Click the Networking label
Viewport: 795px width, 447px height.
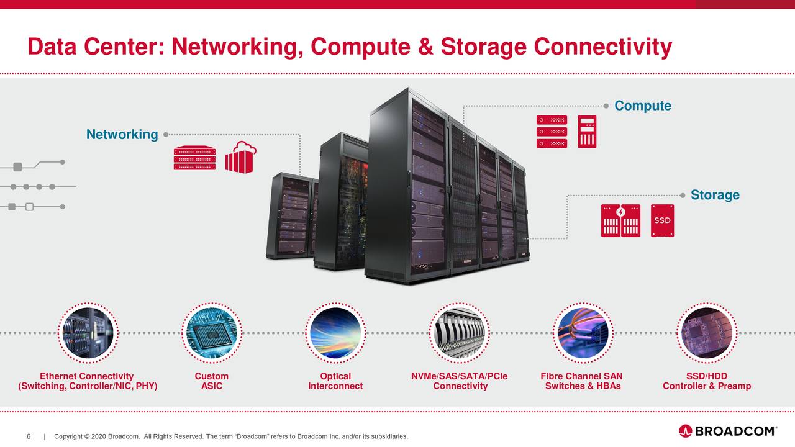[x=122, y=135]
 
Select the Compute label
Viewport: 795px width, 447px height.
[x=642, y=106]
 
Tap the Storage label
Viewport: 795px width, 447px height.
[x=714, y=195]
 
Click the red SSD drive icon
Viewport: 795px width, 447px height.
[x=662, y=220]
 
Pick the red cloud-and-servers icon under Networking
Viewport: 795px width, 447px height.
[x=240, y=158]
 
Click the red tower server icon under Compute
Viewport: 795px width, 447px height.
[x=586, y=132]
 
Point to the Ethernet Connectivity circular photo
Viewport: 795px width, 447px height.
[x=86, y=333]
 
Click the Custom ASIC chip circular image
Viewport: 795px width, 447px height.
[x=211, y=333]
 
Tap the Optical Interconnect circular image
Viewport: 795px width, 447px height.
[x=335, y=333]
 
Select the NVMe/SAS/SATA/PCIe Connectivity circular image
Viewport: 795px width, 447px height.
[x=460, y=333]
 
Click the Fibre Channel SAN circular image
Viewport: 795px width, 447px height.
[x=582, y=333]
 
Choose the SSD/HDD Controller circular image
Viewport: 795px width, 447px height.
[x=707, y=333]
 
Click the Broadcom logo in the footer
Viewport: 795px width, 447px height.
[x=727, y=431]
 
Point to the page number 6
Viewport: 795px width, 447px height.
[x=29, y=436]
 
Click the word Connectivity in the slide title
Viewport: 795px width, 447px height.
[x=602, y=47]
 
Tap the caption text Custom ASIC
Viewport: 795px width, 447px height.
[x=211, y=381]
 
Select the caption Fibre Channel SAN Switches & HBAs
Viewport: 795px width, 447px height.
[x=582, y=381]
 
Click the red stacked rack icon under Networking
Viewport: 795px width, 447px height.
[x=194, y=159]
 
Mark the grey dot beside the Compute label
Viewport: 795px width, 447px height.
[x=606, y=106]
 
